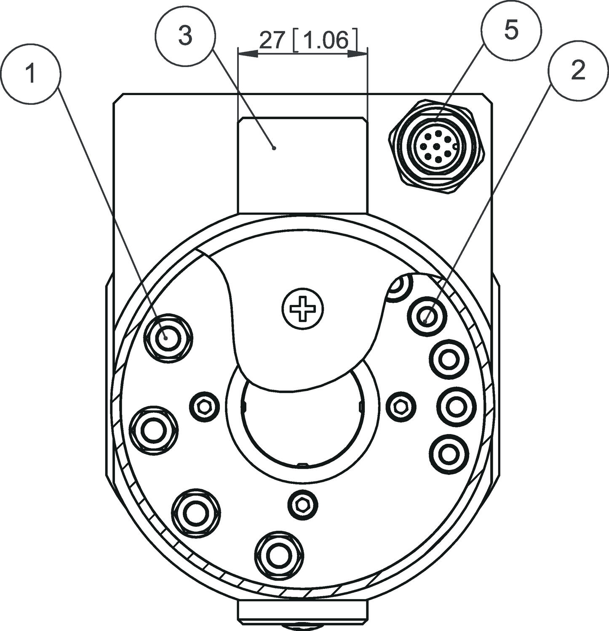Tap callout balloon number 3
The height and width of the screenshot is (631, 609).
[185, 35]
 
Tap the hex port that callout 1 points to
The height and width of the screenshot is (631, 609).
[168, 338]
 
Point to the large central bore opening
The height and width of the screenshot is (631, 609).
[302, 425]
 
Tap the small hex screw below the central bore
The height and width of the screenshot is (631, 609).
[303, 503]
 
